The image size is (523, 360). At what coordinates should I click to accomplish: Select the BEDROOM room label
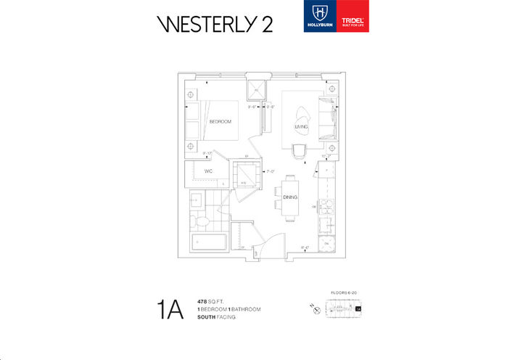coord(220,121)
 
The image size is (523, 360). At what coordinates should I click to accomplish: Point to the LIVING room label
coord(302,127)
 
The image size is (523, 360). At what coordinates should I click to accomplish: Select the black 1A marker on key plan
coord(358,308)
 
